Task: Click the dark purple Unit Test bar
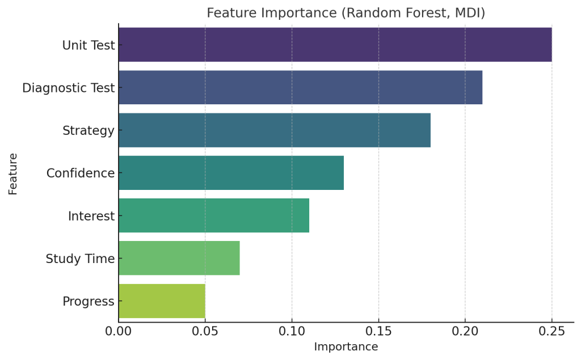335,44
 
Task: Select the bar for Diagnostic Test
301,87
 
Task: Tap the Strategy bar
275,130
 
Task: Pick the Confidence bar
231,172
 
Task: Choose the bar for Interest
214,215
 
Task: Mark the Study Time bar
179,258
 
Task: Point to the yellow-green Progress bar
162,300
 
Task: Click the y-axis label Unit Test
89,45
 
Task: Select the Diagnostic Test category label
69,88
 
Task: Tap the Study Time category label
81,259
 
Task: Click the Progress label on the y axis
89,302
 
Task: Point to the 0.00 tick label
119,331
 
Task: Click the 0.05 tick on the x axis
205,331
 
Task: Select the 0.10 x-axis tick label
292,331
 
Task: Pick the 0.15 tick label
378,331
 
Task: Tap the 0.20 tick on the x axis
465,331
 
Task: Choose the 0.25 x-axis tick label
551,331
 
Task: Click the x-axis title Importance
346,346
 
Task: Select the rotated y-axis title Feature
13,174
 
